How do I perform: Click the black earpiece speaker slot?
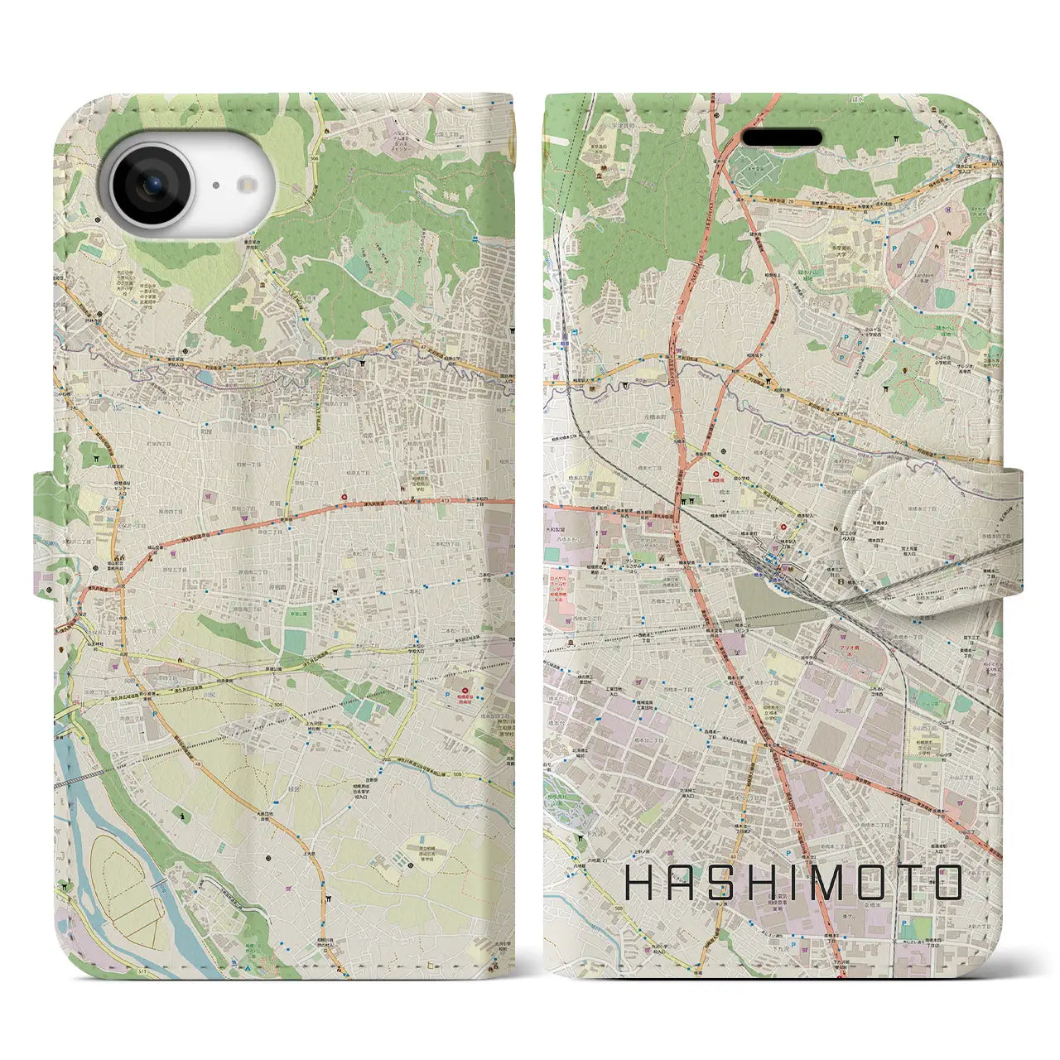(781, 137)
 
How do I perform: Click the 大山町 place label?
(843, 709)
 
